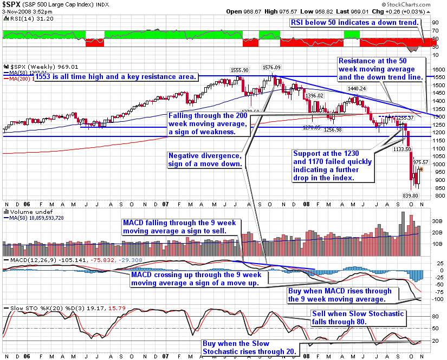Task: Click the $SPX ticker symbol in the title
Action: pyautogui.click(x=10, y=4)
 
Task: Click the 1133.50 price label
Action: pyautogui.click(x=401, y=148)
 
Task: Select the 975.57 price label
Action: pyautogui.click(x=420, y=161)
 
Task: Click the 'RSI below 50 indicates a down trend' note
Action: pyautogui.click(x=355, y=23)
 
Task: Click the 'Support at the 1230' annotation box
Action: pyautogui.click(x=331, y=165)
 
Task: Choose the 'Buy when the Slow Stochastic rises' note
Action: pyautogui.click(x=249, y=348)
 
